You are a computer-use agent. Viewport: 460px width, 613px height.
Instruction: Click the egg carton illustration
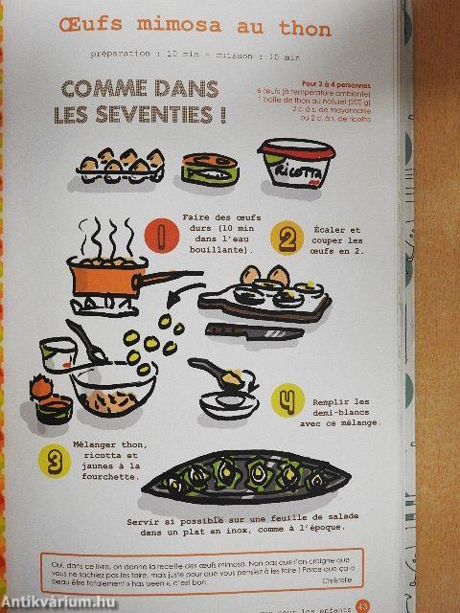pyautogui.click(x=114, y=169)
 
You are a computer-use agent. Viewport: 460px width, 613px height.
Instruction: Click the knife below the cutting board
pyautogui.click(x=255, y=330)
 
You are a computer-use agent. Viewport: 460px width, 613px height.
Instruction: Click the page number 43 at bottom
pyautogui.click(x=362, y=604)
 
